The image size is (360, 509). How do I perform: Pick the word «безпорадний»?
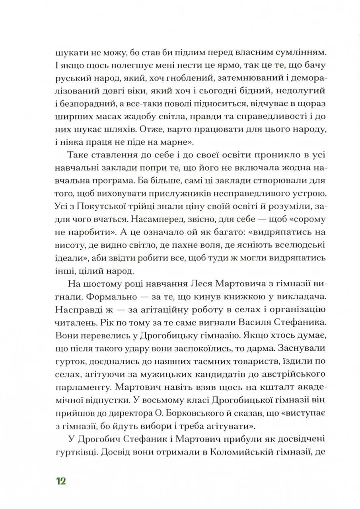[x=93, y=104]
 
